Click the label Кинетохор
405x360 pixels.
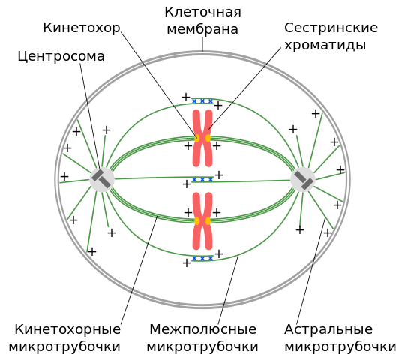pos(82,28)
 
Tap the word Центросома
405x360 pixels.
pos(61,56)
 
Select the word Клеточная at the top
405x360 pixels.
pos(203,12)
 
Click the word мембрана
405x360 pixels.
pos(202,29)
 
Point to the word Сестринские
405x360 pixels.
pos(331,28)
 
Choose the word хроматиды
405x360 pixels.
pos(325,46)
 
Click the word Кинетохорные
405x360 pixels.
pos(67,329)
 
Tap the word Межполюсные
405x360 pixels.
pos(203,329)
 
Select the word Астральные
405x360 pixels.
pos(328,329)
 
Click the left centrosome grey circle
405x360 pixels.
pos(102,179)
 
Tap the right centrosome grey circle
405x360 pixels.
pos(303,179)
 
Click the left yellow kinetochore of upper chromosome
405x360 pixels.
pos(197,138)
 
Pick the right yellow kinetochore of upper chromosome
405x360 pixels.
pos(208,138)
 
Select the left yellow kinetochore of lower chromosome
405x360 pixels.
pos(197,221)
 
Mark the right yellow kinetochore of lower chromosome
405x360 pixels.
pos(208,221)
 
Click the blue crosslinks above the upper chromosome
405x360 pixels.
pos(202,101)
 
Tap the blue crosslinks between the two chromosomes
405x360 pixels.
pos(202,179)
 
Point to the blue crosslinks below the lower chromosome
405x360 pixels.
pos(202,258)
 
